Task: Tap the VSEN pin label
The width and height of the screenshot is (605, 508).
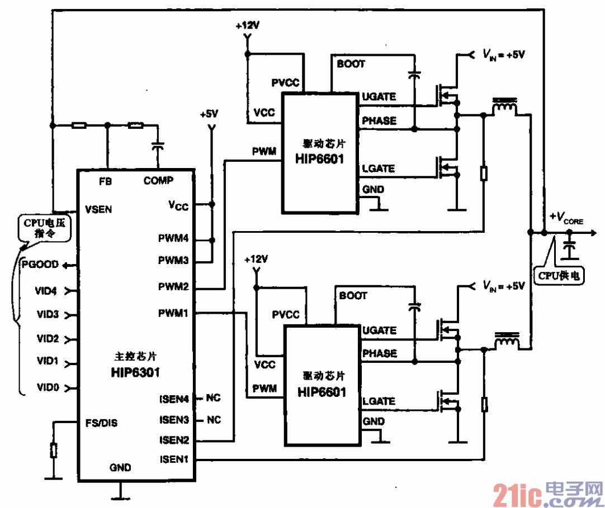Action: point(98,209)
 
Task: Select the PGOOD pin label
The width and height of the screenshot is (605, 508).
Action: point(40,264)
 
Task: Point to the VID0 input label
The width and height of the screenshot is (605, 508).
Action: point(48,387)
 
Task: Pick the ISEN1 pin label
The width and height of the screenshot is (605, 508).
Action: point(174,460)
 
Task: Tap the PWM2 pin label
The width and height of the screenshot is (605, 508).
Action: point(173,287)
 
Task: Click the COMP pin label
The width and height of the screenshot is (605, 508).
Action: point(158,180)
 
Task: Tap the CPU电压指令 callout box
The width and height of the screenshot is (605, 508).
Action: point(45,229)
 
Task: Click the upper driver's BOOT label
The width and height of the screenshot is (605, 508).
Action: point(351,64)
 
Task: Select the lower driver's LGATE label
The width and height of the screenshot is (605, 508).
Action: point(379,401)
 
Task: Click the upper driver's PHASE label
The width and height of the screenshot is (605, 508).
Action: point(379,121)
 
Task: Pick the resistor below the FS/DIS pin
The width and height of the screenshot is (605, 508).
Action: point(54,450)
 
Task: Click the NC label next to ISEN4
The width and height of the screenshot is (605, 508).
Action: point(214,398)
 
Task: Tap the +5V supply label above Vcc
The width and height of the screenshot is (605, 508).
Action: point(209,113)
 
